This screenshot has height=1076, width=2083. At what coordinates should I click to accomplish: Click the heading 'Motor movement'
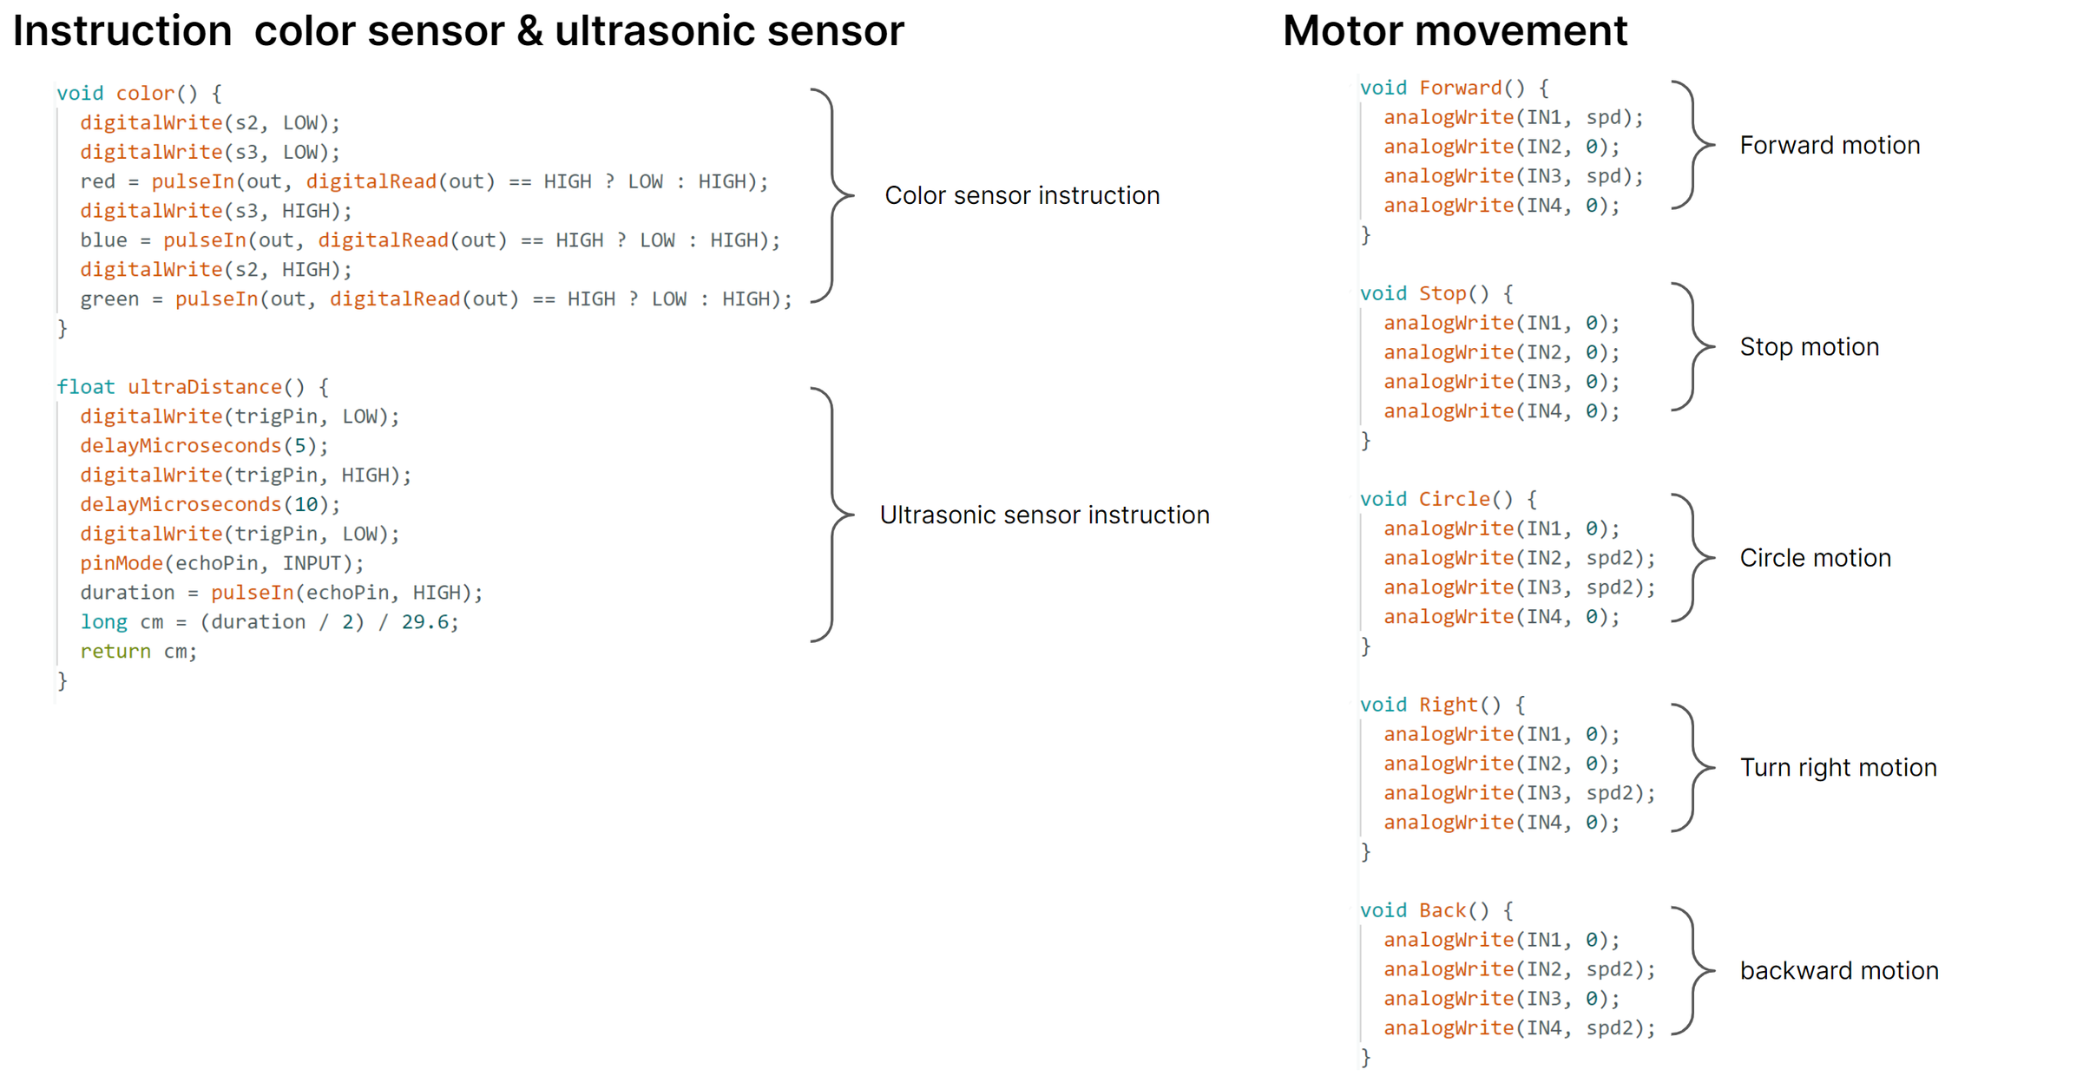pos(1455,31)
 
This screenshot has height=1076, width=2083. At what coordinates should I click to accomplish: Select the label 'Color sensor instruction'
pos(1022,195)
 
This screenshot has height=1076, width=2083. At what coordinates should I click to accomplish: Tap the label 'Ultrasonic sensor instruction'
pos(1044,515)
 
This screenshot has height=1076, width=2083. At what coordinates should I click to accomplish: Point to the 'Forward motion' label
pos(1830,145)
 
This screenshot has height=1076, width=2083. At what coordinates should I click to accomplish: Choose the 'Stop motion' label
pos(1809,347)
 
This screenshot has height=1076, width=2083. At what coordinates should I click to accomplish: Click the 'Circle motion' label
pos(1815,558)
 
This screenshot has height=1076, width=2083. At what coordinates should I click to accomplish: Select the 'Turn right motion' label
pos(1838,768)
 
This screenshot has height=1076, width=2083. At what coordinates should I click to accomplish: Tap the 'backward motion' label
pos(1839,970)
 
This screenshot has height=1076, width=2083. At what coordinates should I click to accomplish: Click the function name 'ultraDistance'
pos(205,387)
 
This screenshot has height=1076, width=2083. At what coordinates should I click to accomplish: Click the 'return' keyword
pos(115,652)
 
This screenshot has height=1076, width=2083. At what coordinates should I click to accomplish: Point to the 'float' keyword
pos(86,387)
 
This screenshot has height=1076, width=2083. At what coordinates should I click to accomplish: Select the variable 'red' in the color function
pos(97,181)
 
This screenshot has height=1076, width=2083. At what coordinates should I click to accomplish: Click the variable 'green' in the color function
pos(109,299)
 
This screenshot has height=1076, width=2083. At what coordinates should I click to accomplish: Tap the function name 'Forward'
pos(1461,89)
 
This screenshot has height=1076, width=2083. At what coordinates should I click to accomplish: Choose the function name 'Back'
pos(1442,911)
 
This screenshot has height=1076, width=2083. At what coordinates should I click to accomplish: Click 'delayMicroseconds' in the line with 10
pos(181,505)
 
